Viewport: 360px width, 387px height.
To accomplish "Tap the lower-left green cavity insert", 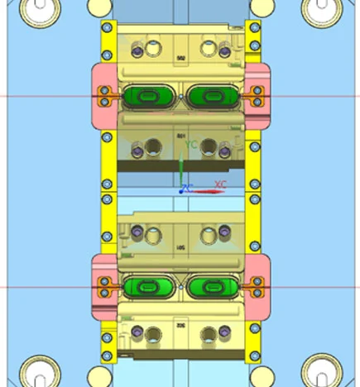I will tap(149, 287).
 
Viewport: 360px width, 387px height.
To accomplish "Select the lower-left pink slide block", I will tap(103, 287).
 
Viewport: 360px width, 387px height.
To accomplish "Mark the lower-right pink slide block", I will tap(258, 287).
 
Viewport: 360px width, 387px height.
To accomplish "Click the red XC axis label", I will tap(220, 184).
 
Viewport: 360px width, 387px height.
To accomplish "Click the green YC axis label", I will tap(191, 145).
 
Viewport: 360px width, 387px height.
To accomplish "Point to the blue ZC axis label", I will tap(188, 189).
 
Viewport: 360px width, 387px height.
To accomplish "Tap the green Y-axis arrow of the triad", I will tap(180, 165).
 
